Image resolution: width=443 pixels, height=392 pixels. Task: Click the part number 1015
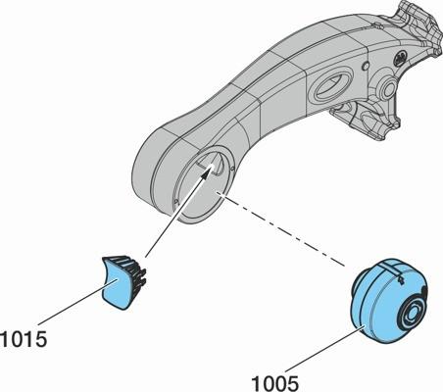point(24,339)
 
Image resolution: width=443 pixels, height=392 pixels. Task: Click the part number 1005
point(274,383)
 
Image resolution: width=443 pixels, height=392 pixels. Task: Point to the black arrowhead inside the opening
point(206,173)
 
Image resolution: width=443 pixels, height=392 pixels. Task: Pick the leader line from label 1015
point(77,302)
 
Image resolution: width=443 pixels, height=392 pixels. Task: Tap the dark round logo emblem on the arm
point(400,60)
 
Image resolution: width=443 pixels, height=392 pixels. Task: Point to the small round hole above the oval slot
point(366,67)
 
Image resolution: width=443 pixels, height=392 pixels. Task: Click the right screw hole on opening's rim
point(231,169)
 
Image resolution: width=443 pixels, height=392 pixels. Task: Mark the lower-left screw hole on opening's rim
point(176,201)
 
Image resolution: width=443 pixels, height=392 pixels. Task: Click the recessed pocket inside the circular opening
point(212,163)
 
